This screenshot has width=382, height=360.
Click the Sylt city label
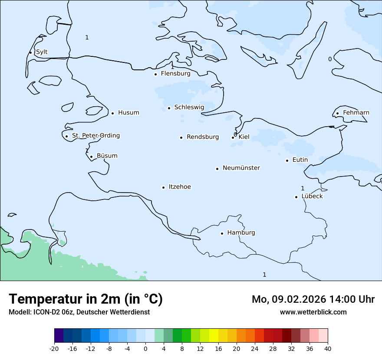42,52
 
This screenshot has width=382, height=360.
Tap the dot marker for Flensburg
155,74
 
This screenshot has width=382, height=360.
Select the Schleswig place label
189,107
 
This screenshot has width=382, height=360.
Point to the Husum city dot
112,113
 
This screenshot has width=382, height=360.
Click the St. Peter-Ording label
95,136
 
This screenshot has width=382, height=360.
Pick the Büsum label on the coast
107,156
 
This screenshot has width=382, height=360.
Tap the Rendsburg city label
203,137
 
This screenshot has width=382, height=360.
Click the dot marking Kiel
233,138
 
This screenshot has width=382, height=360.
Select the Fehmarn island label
356,113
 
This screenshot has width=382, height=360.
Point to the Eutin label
300,160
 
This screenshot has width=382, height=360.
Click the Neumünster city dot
217,169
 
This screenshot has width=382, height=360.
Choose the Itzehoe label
180,187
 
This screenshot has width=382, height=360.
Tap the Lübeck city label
312,196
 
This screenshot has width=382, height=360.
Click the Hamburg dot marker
222,233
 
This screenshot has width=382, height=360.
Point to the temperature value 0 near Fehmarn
330,59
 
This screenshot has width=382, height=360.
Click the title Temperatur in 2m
86,299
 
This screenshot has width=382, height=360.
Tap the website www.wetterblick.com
313,312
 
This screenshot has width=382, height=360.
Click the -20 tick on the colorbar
54,348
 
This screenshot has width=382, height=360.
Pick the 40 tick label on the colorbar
328,348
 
